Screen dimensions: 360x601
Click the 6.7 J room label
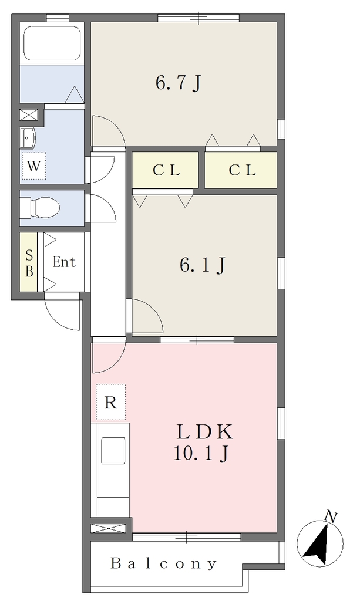[x=179, y=82]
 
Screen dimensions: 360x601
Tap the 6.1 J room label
[x=203, y=265]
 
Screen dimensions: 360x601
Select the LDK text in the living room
[x=204, y=432]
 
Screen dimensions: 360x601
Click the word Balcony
[x=164, y=563]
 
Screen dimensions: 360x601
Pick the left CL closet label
[x=166, y=170]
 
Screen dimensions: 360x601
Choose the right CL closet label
[x=243, y=170]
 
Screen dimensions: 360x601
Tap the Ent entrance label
[x=64, y=262]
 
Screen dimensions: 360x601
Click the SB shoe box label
[x=29, y=263]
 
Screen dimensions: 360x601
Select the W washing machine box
[x=33, y=166]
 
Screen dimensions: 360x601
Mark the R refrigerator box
[x=110, y=402]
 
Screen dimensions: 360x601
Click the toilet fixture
[x=40, y=207]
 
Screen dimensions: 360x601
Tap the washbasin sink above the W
[x=28, y=137]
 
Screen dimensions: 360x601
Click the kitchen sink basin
[x=113, y=451]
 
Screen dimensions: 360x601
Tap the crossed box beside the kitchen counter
[x=108, y=528]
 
